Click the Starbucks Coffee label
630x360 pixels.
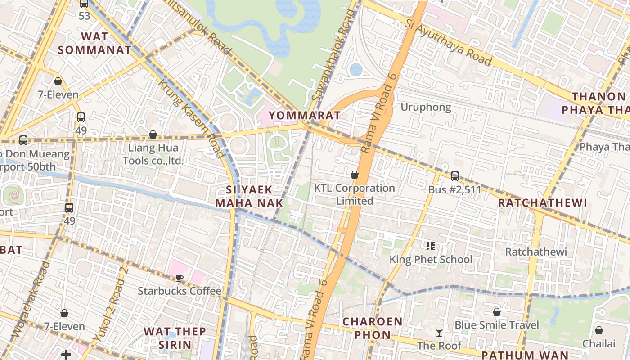pos(180,291)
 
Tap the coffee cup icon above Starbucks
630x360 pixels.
pos(180,278)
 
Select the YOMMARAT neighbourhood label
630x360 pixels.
pos(305,116)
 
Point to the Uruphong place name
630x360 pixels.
pos(426,107)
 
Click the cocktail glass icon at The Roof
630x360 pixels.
pos(439,333)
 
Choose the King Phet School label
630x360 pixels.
pos(431,259)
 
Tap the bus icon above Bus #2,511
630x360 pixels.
pos(455,176)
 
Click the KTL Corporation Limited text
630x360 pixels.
pos(355,194)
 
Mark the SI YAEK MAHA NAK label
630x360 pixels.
pos(249,196)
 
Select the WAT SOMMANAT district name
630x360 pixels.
pos(94,43)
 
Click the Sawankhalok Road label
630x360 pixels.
pos(333,54)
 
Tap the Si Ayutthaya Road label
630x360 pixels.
pos(448,42)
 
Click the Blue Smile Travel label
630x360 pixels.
pos(496,325)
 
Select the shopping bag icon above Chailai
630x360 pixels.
pos(598,330)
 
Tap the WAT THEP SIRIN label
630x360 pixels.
pos(175,338)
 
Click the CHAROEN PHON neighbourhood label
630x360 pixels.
pos(372,328)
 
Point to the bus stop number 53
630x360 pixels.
pos(84,16)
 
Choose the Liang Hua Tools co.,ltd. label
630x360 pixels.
pos(153,154)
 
